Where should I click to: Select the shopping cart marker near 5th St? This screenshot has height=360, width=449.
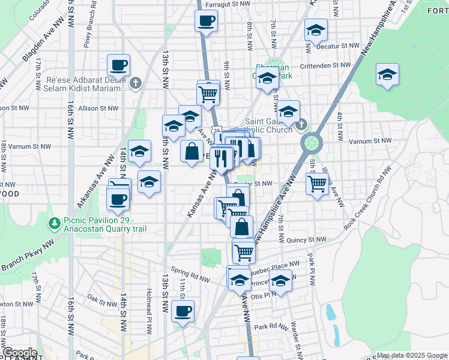point(316,183)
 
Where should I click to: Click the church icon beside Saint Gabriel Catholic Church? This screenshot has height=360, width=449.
point(301,125)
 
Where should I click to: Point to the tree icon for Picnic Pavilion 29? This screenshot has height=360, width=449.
point(55,223)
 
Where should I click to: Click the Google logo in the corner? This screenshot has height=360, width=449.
point(20,353)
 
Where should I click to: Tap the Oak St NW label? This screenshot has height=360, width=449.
point(100,297)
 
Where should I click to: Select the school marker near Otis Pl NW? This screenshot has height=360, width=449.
point(280,280)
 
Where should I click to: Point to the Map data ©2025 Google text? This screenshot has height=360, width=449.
point(412,355)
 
